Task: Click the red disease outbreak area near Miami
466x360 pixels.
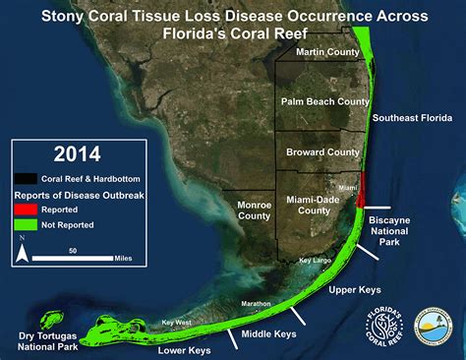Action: [364, 189]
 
